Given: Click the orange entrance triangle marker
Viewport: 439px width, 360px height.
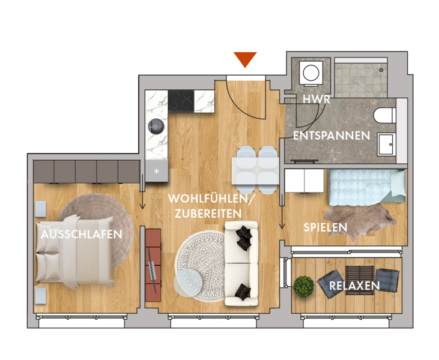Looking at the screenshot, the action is [x=245, y=59].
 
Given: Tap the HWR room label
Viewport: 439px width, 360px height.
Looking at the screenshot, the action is [x=316, y=99].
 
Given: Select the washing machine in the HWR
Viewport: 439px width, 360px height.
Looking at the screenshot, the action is [x=311, y=73].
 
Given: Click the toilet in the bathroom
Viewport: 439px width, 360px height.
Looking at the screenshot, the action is [x=385, y=116].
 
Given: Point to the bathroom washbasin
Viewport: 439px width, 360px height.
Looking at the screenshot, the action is [x=386, y=145].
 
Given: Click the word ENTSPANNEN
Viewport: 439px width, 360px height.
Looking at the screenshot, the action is [x=332, y=136].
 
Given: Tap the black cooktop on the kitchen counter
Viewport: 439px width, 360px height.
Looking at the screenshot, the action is [x=181, y=101].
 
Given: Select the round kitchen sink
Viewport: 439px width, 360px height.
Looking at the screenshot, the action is [x=156, y=126].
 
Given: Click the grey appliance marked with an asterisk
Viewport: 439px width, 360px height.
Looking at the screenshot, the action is [x=157, y=170].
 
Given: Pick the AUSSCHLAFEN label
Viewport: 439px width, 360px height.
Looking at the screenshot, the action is [x=82, y=234].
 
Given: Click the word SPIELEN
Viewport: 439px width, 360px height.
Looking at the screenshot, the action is [x=325, y=227].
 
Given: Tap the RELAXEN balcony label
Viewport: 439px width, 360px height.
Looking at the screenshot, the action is [x=354, y=286].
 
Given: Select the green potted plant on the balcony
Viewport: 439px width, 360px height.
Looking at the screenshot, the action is [x=303, y=286].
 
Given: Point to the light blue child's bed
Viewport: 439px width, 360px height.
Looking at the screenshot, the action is [x=368, y=187].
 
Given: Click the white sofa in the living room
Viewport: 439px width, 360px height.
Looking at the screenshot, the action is [x=241, y=263].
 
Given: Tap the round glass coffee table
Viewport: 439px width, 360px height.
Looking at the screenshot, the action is [x=188, y=283].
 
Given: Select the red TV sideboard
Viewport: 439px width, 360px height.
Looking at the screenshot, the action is [x=153, y=265].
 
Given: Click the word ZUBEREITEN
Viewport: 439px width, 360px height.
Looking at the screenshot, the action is [x=208, y=214].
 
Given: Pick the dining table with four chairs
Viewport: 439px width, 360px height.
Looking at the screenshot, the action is [x=255, y=170].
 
